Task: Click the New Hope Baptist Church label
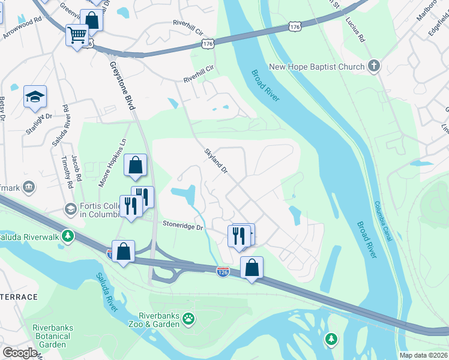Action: point(316,67)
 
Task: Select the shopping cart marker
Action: point(77,36)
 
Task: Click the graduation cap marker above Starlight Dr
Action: point(35,96)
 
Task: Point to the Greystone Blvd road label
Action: point(122,85)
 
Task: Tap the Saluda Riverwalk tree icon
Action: point(68,235)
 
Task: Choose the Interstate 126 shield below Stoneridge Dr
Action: point(222,272)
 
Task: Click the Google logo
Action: point(19,353)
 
